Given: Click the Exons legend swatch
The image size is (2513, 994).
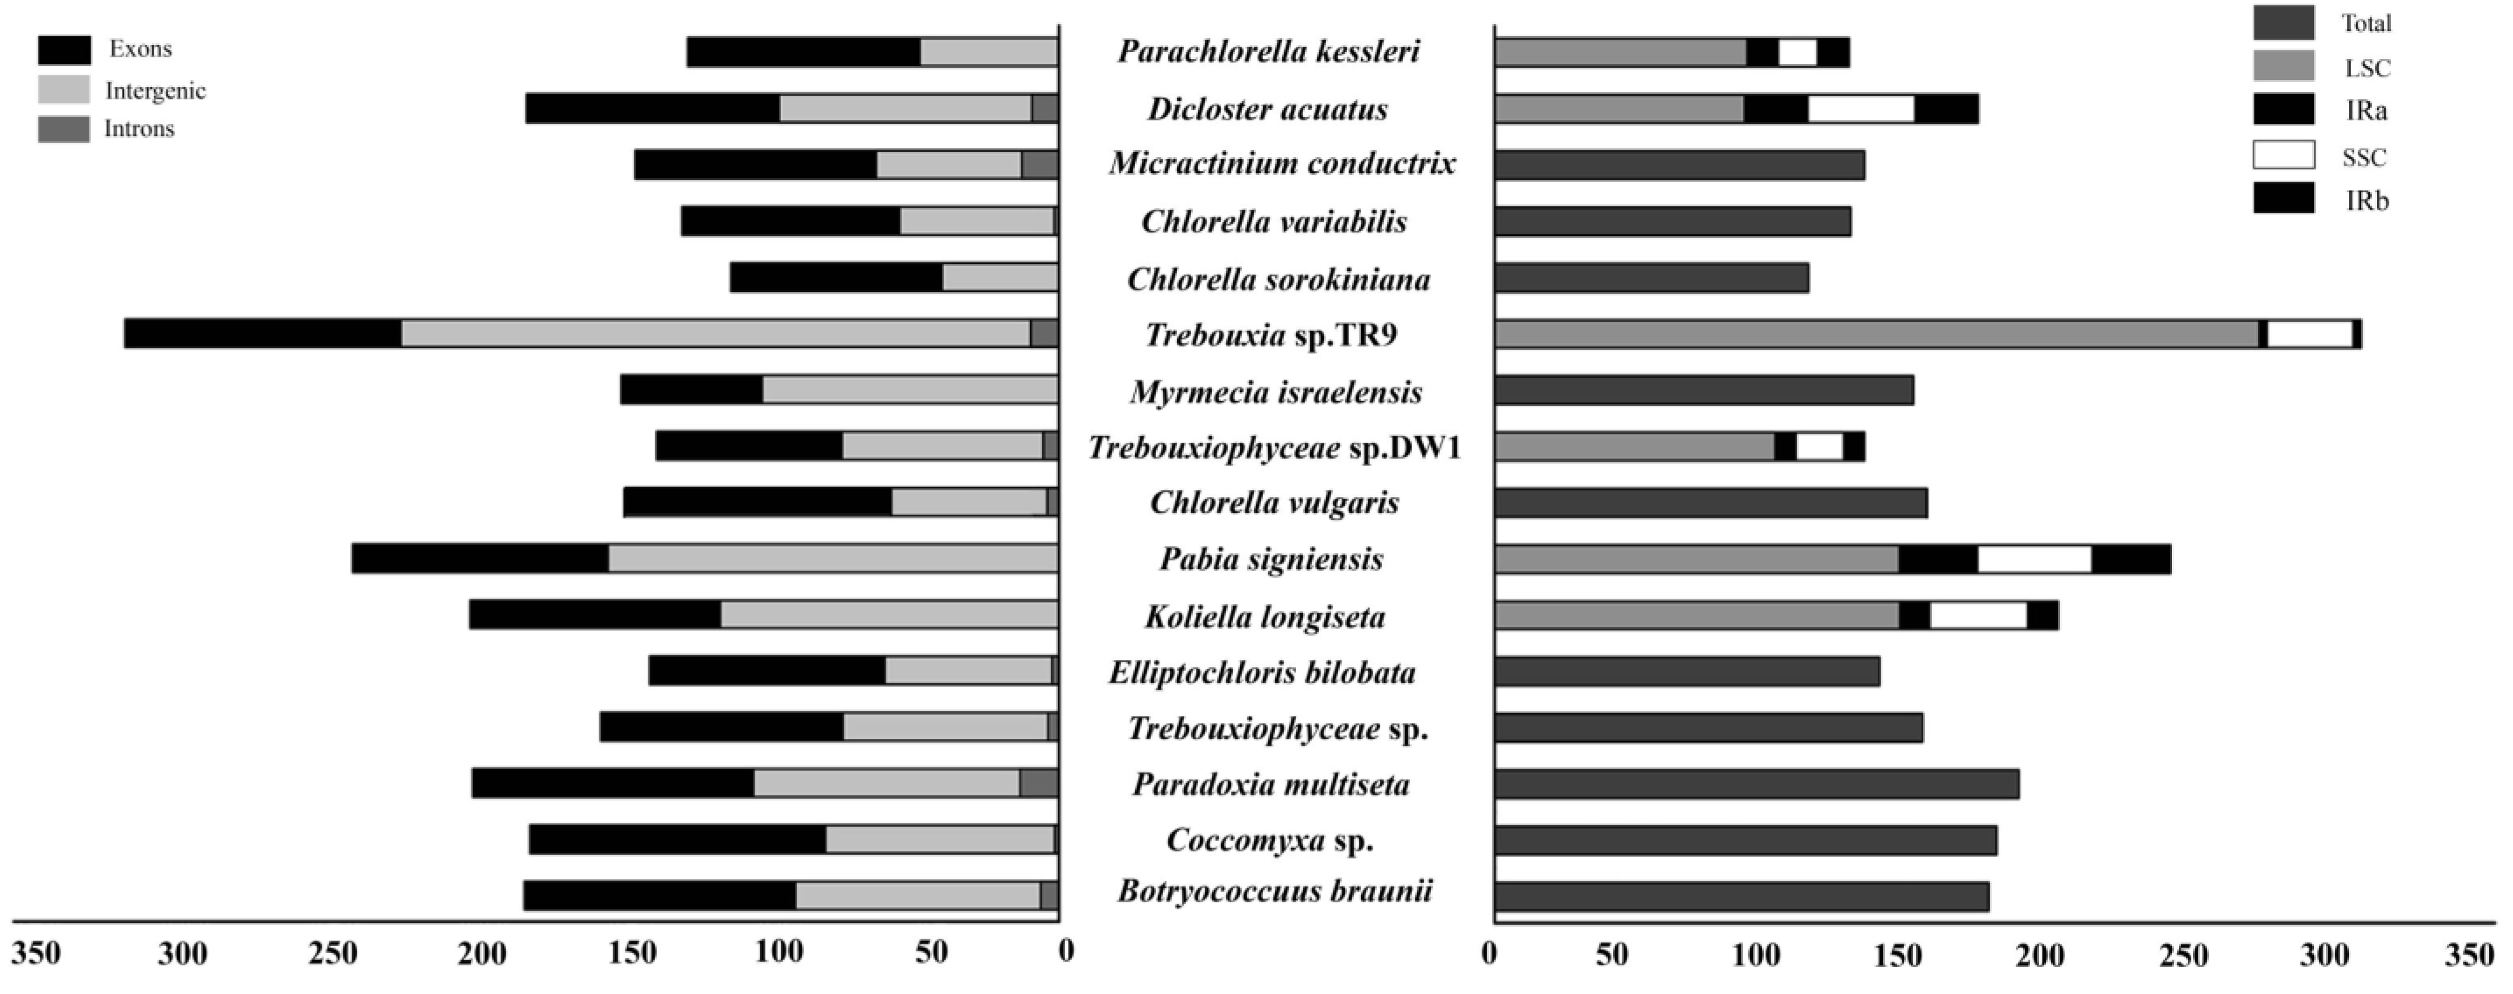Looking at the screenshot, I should coord(64,50).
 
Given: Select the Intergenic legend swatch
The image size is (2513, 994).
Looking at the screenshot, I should coord(64,90).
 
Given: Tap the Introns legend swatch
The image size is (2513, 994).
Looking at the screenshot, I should coord(64,128).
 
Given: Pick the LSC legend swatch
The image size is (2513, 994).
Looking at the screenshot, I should coord(2283,67).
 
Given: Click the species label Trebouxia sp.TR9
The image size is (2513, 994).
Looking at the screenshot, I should coord(1271,335).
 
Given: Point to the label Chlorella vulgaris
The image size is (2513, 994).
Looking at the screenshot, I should coord(1274,502).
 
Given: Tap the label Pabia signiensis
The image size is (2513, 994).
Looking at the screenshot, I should coord(1271,559).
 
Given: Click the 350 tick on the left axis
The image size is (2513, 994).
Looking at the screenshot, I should coord(36,953).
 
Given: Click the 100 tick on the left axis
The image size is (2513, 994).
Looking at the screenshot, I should coord(781,953).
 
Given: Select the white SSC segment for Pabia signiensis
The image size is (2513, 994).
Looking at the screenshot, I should coord(2034,559).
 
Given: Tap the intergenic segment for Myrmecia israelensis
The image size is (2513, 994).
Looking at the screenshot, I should coord(909,390).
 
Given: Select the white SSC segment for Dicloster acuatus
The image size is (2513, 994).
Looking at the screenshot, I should coord(1860,108).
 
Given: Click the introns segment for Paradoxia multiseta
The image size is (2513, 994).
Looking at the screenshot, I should coord(1039,783).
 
